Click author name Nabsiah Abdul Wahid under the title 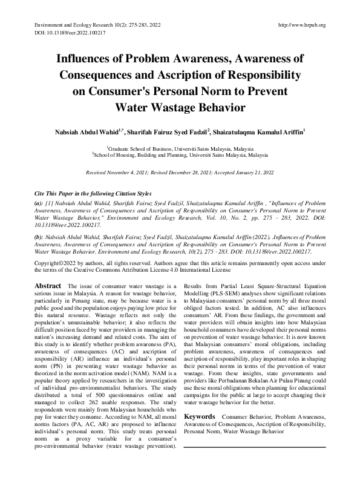pyautogui.click(x=86, y=132)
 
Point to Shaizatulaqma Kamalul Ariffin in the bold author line pyautogui.click(x=261, y=132)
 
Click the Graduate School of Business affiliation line pyautogui.click(x=180, y=148)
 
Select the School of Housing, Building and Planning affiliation pyautogui.click(x=180, y=155)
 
